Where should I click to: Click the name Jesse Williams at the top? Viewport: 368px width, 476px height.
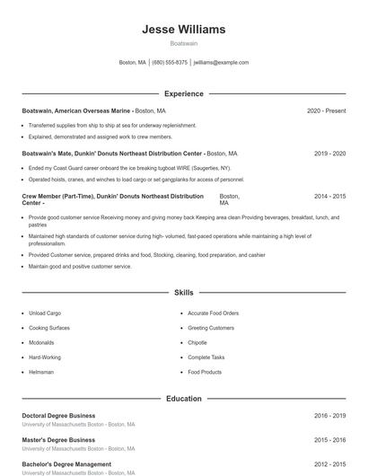(183, 30)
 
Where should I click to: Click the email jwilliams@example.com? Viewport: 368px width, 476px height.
(221, 63)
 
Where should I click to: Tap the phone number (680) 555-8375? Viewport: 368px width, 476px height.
(170, 63)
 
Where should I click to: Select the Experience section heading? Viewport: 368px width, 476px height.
(183, 93)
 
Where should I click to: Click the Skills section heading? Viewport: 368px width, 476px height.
(183, 293)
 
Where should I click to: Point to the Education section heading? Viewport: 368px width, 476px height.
(183, 398)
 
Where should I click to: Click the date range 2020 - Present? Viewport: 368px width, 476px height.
(326, 110)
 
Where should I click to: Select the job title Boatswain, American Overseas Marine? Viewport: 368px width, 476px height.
(76, 110)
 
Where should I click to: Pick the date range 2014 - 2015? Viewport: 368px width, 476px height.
(329, 196)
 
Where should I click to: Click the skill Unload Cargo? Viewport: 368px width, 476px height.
(44, 313)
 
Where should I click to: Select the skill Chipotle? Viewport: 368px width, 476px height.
(197, 342)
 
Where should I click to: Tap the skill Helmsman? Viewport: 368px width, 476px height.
(41, 372)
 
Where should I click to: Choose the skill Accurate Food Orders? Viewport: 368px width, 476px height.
(213, 313)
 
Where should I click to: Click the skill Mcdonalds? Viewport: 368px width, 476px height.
(42, 342)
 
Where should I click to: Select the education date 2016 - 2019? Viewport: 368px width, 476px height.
(329, 416)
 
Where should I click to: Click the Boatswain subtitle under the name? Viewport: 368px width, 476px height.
(183, 43)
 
